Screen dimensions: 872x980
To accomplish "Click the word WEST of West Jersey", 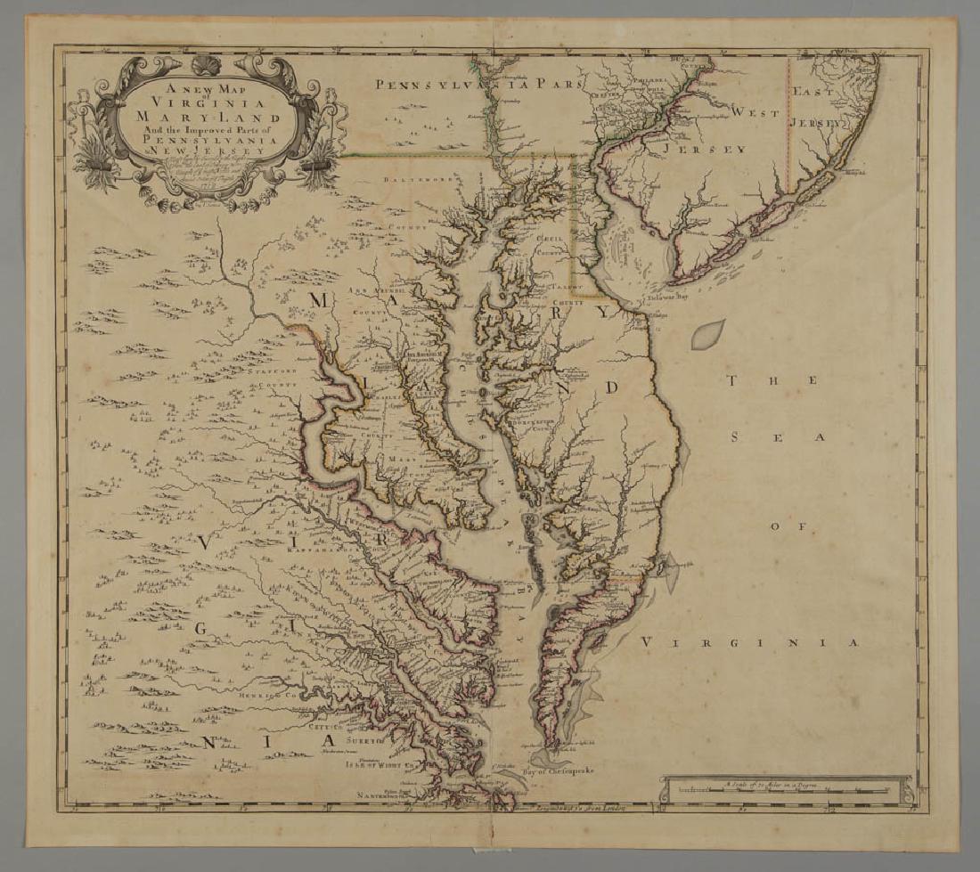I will (755, 113).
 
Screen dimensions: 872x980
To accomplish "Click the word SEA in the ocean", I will (776, 436).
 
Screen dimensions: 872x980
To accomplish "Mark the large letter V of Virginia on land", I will (206, 542).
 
